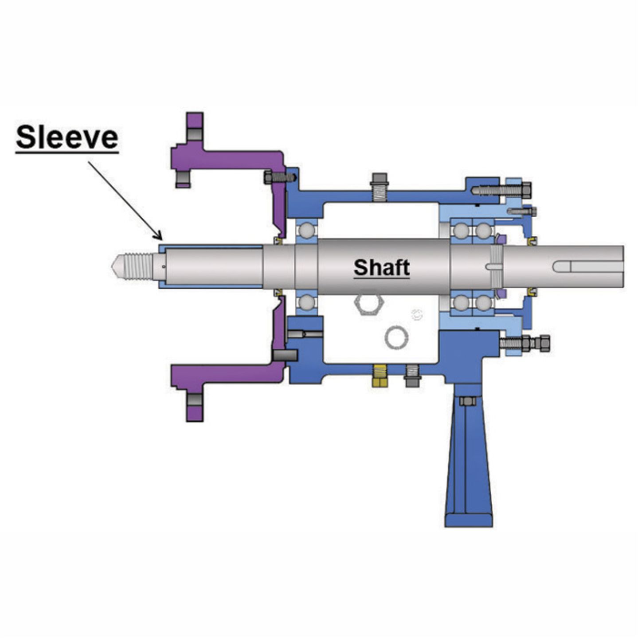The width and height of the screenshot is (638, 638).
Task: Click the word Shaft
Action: coord(381,267)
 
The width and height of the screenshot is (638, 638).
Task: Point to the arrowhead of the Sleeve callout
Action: coord(159,237)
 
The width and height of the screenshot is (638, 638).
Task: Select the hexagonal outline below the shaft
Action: coord(368,304)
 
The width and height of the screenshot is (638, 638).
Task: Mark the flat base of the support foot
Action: coord(468,520)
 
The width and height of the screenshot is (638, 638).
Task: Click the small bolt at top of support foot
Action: coord(468,401)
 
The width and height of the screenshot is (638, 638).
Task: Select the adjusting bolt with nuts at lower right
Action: coord(525,343)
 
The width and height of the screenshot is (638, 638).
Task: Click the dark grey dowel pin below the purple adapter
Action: coord(285,355)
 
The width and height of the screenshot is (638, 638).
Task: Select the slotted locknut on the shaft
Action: coord(495,266)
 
